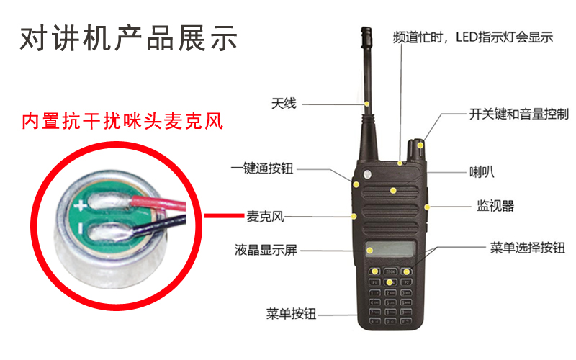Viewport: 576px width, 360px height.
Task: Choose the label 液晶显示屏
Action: click(266, 251)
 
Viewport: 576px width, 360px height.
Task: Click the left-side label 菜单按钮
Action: click(291, 314)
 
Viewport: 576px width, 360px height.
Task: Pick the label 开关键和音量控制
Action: click(518, 114)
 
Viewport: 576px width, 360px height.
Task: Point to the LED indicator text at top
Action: click(472, 38)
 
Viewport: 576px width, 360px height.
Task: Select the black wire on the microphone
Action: click(166, 228)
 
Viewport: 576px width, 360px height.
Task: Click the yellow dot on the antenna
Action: click(368, 104)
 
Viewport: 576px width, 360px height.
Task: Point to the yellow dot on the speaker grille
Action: click(393, 190)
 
